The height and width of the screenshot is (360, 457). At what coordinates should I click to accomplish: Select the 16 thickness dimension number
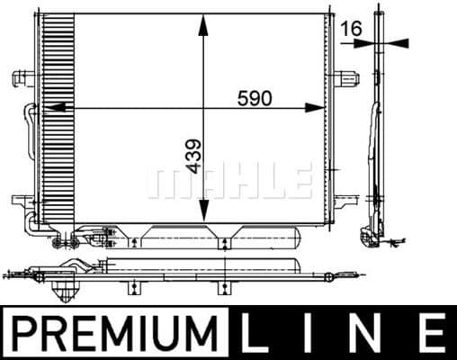[x=352, y=29]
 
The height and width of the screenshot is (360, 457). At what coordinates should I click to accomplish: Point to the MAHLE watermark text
[x=229, y=180]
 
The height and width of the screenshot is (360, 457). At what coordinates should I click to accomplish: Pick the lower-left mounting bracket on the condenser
[x=20, y=200]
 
